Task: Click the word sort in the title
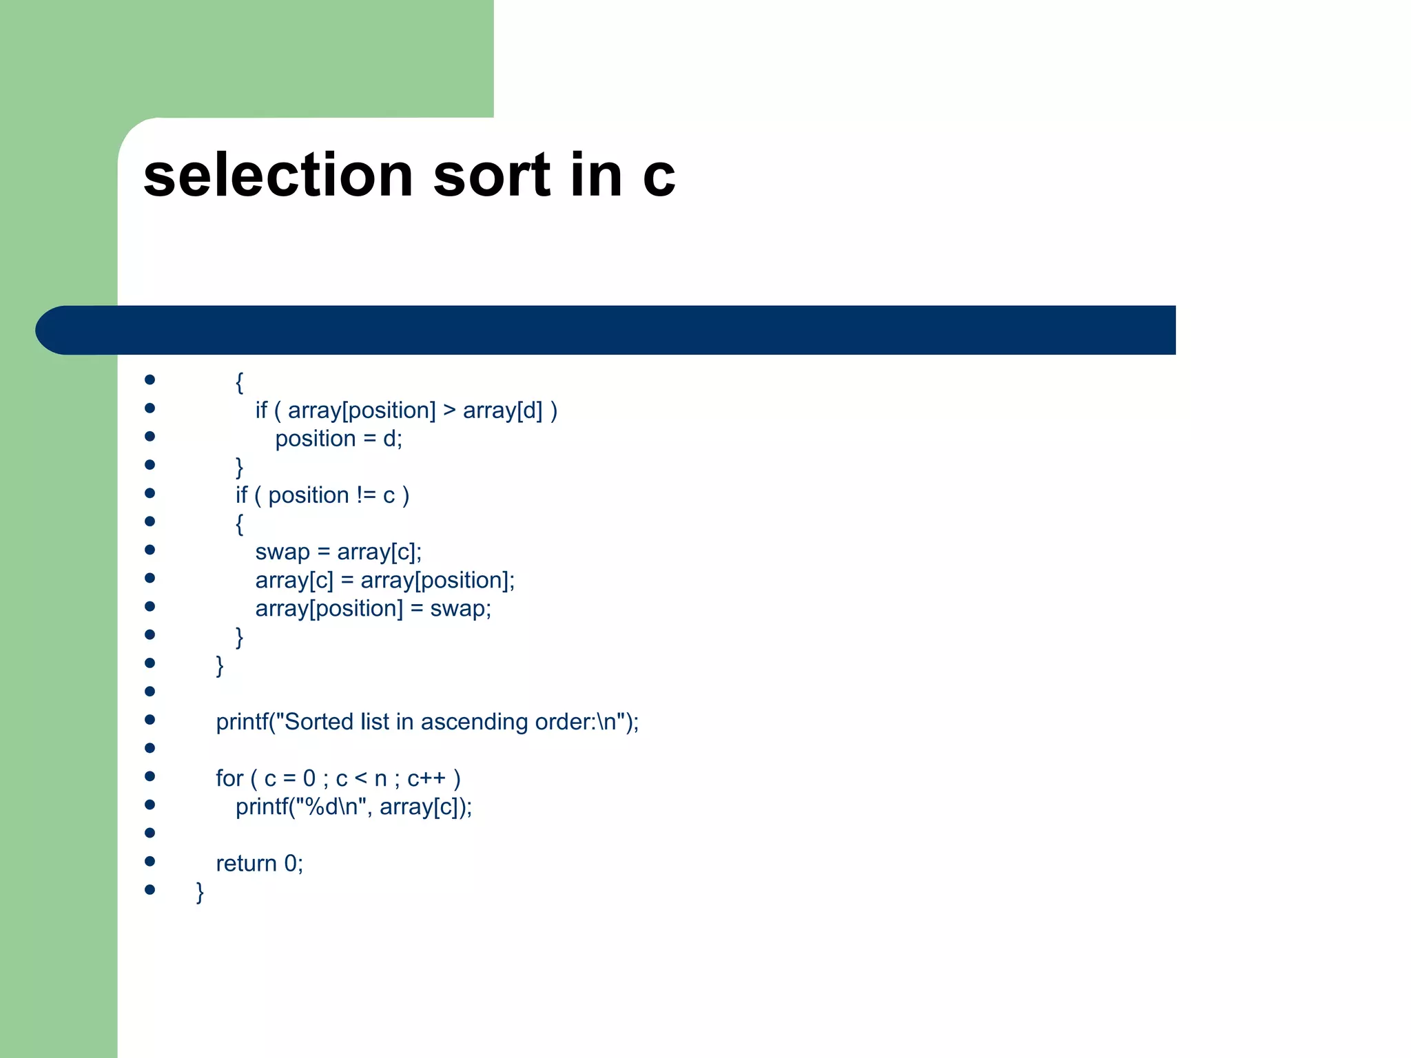pos(492,175)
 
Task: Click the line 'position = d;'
pos(338,439)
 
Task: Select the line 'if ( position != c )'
pos(322,495)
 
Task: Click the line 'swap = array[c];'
pos(338,552)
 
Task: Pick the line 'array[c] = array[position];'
pos(384,581)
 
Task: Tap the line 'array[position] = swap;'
pos(373,609)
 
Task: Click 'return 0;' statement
pos(259,864)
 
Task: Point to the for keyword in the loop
pos(229,778)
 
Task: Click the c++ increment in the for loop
pos(426,778)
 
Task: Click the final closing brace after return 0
pos(200,892)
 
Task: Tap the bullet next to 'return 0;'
pos(150,861)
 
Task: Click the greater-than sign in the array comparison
pos(449,411)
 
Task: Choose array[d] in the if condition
pos(502,411)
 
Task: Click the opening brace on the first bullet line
pos(239,382)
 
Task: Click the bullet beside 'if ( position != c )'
pos(150,493)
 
